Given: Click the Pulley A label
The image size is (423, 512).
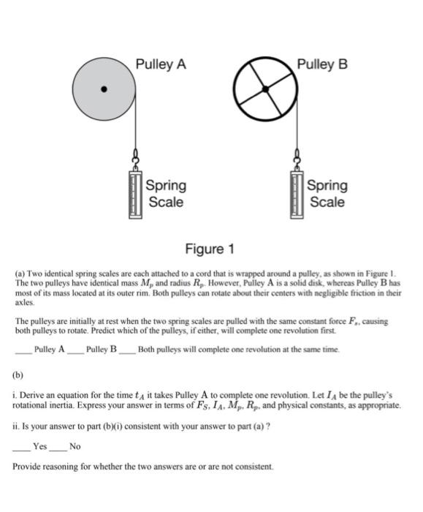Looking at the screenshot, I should (x=161, y=64).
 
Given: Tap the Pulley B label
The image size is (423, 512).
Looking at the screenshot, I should (x=321, y=64).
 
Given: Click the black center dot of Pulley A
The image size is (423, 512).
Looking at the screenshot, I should (x=104, y=90).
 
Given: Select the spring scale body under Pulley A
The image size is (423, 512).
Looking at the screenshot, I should (x=134, y=194).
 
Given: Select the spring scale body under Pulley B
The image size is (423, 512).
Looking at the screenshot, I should (x=296, y=194).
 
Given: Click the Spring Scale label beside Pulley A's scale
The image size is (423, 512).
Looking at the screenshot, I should (x=166, y=193).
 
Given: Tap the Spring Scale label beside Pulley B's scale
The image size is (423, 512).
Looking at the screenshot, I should (x=327, y=193).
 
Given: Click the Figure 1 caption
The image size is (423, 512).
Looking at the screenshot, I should (x=209, y=250).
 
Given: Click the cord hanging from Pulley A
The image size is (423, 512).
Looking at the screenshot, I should (x=136, y=124).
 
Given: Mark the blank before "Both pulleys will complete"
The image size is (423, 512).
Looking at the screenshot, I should (x=127, y=350).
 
